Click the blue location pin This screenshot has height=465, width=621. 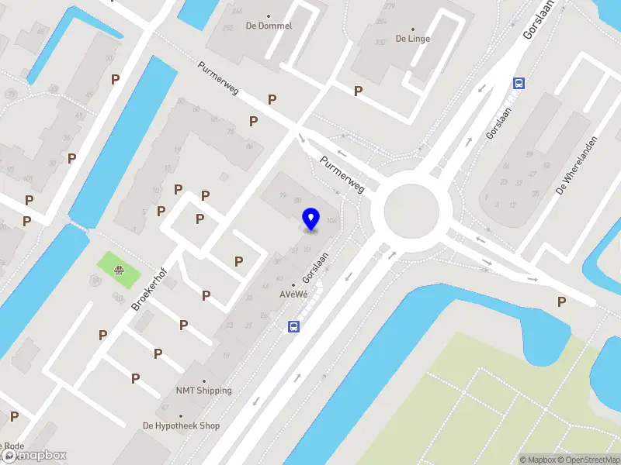(x=311, y=219)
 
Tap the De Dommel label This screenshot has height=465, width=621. (x=269, y=26)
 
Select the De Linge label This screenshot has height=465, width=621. (x=412, y=38)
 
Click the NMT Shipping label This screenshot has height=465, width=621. (x=203, y=391)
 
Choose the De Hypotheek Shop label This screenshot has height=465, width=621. (x=181, y=425)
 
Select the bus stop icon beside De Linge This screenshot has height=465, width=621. (x=518, y=84)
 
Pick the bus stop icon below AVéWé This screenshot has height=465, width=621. (x=294, y=326)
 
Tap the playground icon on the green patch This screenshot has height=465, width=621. (x=119, y=270)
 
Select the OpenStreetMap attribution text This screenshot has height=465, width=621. (x=587, y=460)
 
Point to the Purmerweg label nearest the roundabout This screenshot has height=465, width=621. (x=342, y=174)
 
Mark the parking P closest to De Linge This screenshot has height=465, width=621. (x=359, y=91)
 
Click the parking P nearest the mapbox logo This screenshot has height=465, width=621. (x=14, y=416)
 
